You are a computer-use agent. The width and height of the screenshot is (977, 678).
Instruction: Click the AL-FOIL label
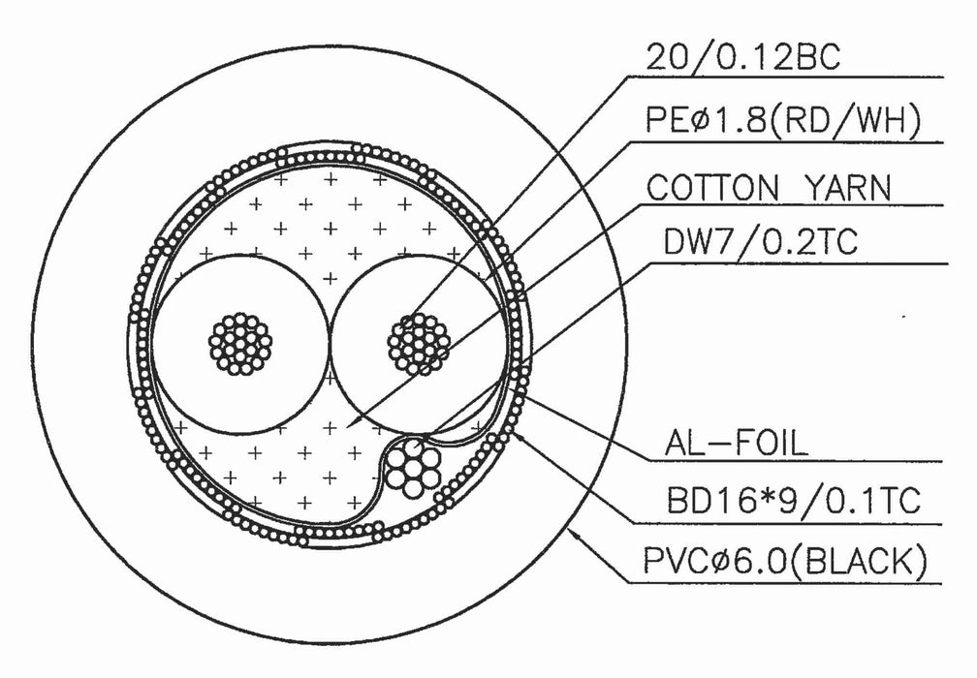pos(734,444)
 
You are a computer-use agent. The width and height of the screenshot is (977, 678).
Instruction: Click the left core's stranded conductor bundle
pos(242,343)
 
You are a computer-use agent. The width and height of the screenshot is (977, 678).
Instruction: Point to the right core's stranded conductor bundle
pos(420,343)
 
